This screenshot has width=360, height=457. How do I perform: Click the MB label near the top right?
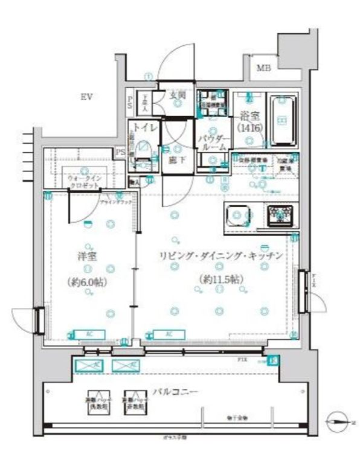point(264,68)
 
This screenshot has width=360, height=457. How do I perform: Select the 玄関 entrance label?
point(177,95)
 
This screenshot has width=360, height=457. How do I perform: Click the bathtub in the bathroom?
point(281,120)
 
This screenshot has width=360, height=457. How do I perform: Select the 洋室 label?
point(89,255)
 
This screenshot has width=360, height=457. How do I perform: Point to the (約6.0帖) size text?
point(89,281)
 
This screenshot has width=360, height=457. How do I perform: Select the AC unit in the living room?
point(165,334)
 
